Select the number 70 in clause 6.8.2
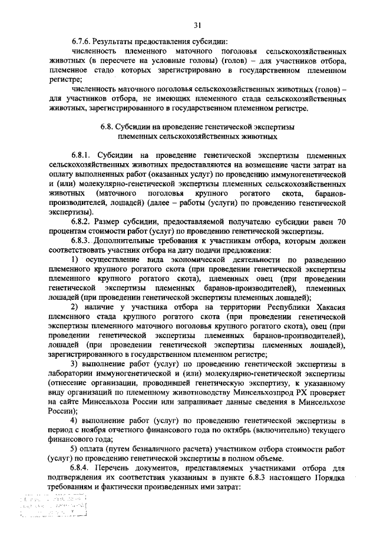click(x=340, y=221)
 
